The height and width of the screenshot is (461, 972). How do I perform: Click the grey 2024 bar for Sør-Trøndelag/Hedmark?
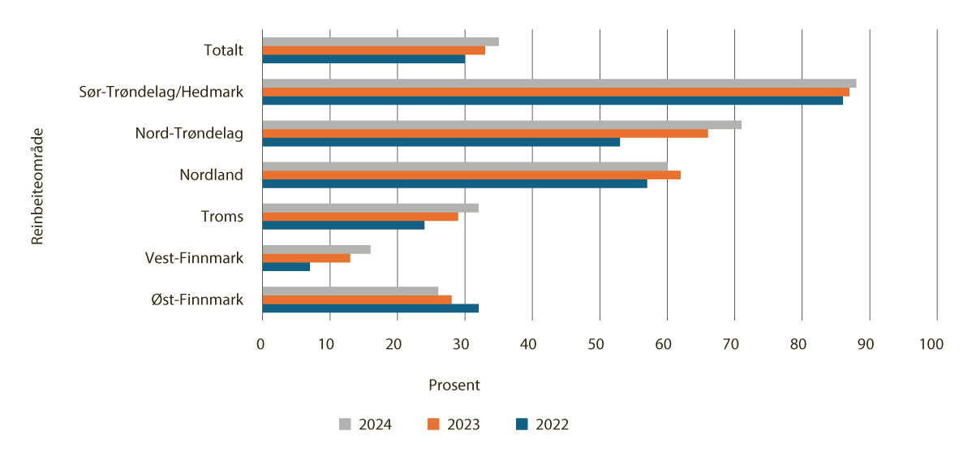point(558,83)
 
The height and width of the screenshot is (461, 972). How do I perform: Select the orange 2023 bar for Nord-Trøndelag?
point(484,133)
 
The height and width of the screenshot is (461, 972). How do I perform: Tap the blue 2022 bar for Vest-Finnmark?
point(286,267)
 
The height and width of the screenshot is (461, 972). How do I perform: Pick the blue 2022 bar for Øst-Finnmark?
point(370,308)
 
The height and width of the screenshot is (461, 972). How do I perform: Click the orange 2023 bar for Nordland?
point(471,174)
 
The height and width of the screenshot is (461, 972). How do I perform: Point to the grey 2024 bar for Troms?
point(370,208)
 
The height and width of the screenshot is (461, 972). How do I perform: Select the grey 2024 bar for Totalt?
point(380,41)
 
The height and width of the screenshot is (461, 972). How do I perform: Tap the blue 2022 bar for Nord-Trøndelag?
point(441,142)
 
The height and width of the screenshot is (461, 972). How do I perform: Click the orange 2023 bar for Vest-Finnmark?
point(306,258)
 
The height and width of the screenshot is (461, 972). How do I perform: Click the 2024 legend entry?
point(365,424)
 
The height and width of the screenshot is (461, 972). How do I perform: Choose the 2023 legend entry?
point(453,424)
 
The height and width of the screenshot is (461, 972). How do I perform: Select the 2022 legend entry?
point(541,424)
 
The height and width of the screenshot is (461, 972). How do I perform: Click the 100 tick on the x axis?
point(931,345)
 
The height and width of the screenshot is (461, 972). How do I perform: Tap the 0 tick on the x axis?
point(261,345)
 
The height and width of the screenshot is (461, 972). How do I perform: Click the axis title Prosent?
point(454,386)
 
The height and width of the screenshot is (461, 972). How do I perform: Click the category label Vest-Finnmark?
point(194,258)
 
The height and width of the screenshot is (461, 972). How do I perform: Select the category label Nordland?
point(211,174)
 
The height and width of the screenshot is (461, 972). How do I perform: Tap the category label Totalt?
point(223,50)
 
